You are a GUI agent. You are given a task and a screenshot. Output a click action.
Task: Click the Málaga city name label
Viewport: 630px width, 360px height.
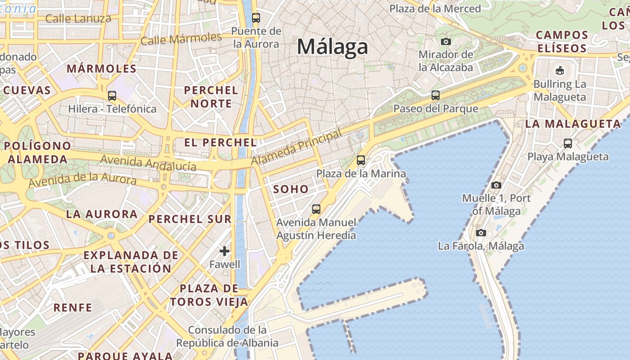coord(333,47)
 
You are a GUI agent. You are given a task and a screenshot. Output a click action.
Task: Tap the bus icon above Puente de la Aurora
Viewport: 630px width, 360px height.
coord(256,18)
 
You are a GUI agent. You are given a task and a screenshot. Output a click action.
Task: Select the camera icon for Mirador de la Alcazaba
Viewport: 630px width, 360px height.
coord(446,42)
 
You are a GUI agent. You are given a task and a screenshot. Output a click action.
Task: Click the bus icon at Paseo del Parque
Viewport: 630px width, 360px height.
coord(435,95)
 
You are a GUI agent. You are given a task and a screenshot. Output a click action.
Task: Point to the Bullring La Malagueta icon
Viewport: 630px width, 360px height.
coord(560,70)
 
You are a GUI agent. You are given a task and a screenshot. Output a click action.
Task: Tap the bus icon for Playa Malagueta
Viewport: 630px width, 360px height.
coord(568,144)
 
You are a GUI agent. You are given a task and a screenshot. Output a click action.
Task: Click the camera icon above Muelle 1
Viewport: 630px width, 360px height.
coord(496,185)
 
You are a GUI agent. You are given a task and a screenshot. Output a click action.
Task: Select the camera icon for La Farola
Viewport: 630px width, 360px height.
coord(481,233)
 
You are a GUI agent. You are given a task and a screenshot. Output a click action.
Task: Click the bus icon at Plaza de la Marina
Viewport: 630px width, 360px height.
coord(361,160)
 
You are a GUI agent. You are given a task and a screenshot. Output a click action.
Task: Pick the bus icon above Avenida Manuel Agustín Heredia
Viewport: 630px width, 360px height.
coord(316,209)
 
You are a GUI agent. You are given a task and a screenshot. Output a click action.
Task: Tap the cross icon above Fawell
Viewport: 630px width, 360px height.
coord(225,251)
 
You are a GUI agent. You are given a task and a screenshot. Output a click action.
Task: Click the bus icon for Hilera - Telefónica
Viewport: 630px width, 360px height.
coord(112,95)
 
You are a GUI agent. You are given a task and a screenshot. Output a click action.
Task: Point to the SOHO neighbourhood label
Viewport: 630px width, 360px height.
coord(291,189)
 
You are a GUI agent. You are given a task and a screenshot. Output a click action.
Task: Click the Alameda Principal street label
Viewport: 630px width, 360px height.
coord(297,148)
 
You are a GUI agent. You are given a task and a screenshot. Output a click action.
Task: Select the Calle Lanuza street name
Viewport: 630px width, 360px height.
coord(78,18)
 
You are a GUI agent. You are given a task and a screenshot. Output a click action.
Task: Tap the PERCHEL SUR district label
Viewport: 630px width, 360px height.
coord(190,219)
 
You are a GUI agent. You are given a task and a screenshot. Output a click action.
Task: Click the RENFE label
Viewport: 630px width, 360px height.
coord(73,308)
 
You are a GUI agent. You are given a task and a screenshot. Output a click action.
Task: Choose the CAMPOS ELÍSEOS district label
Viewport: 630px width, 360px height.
coord(562,41)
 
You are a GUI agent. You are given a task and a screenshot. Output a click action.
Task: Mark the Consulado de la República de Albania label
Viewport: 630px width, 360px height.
coord(227,337)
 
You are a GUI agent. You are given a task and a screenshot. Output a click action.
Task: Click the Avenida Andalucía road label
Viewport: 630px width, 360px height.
coord(148,162)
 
